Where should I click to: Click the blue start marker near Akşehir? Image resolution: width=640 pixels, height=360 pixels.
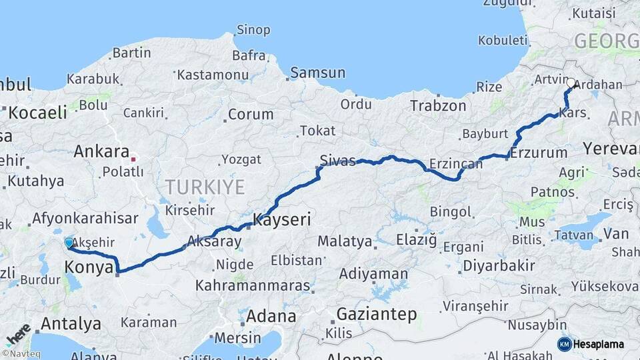click(69, 243)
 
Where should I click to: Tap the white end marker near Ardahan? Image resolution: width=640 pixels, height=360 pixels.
click(570, 83)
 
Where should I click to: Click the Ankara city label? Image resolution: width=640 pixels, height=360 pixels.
click(101, 151)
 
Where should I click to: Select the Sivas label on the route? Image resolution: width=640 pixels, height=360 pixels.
click(337, 161)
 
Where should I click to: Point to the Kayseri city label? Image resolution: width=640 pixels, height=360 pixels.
click(282, 219)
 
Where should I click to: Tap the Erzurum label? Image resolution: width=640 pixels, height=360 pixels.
click(540, 153)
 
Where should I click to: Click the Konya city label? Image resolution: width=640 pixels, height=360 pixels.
click(87, 267)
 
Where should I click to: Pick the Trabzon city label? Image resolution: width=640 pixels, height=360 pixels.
click(438, 105)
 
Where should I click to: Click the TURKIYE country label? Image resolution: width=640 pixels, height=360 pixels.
click(205, 186)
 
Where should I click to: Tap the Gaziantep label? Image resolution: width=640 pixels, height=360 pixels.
click(377, 313)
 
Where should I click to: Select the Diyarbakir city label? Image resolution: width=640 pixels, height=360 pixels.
click(499, 265)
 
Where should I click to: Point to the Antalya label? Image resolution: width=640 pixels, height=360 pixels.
click(71, 325)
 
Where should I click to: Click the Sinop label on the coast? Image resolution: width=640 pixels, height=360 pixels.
click(253, 30)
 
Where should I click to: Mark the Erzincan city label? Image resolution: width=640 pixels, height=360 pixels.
click(456, 163)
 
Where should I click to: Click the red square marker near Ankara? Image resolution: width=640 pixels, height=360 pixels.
click(133, 159)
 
